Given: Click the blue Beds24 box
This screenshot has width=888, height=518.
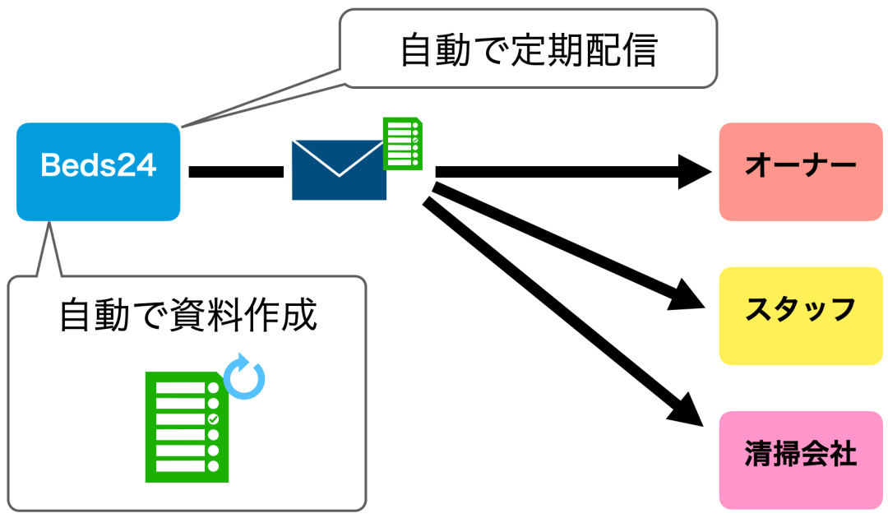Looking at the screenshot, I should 98,171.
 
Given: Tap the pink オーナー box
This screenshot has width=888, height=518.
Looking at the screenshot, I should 800,171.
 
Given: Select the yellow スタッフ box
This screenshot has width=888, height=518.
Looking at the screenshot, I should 800,315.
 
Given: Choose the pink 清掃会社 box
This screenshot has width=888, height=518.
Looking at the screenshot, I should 800,459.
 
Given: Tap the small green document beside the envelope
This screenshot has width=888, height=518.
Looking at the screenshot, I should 403,143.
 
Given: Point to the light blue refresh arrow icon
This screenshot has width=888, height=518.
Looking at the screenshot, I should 245,377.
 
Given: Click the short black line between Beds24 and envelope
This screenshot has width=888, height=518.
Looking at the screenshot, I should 236,171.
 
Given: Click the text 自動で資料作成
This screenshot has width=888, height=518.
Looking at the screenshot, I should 188,316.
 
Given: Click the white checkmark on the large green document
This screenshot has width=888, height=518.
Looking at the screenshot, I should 214,419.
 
